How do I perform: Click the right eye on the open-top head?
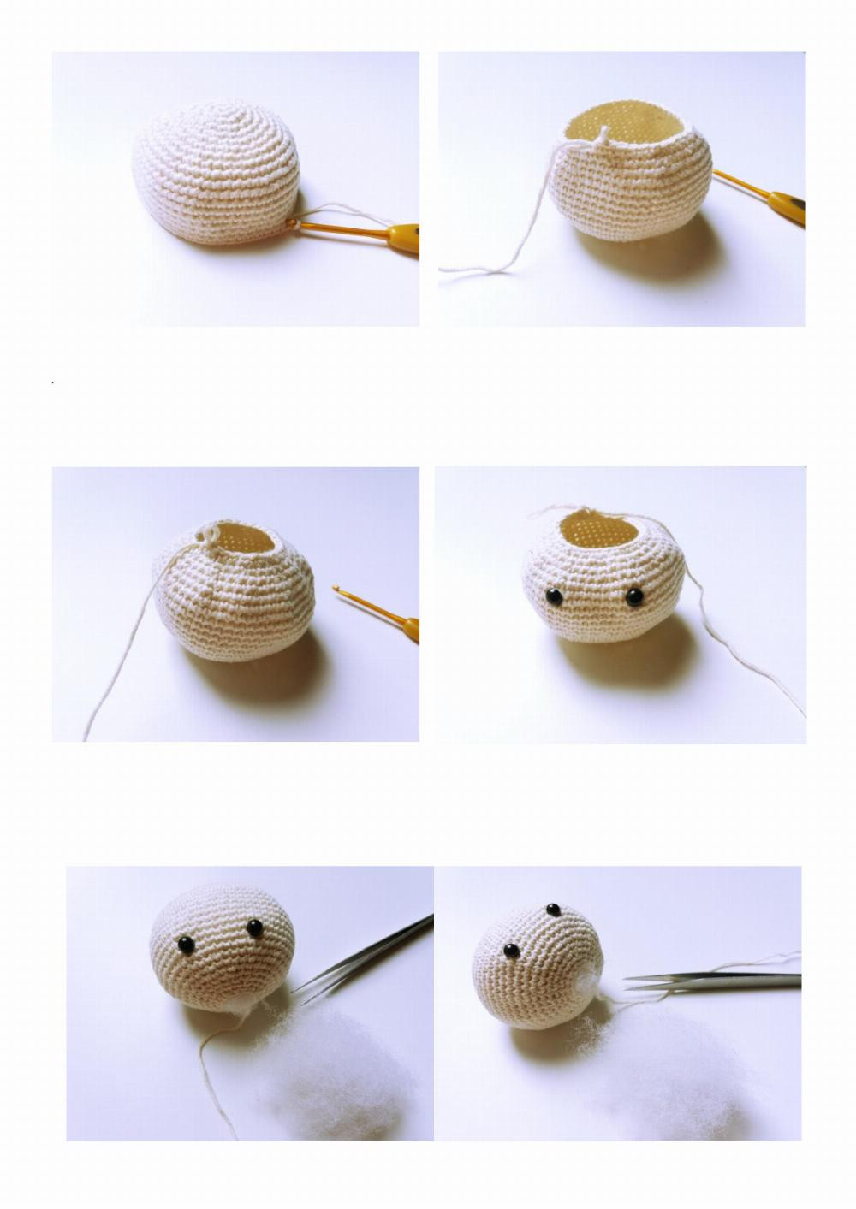[633, 596]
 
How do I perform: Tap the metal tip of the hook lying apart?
[337, 588]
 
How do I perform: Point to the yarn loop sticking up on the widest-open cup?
[604, 132]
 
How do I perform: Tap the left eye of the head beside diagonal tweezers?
[186, 944]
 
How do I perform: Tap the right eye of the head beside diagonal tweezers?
[254, 927]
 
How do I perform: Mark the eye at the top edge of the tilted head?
[553, 908]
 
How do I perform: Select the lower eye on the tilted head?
[510, 951]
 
